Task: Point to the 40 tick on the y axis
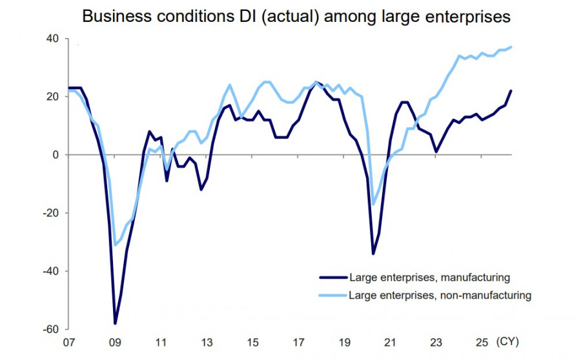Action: click(x=52, y=39)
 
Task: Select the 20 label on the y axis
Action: click(x=52, y=97)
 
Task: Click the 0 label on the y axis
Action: click(x=56, y=155)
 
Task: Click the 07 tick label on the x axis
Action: click(x=69, y=343)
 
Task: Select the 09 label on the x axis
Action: click(x=115, y=343)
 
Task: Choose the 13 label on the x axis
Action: click(x=207, y=343)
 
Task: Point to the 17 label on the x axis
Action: click(x=299, y=343)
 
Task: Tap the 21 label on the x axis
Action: click(x=390, y=343)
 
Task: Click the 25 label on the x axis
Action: click(x=482, y=343)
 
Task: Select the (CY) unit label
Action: click(x=507, y=342)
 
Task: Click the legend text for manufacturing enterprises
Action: click(x=430, y=277)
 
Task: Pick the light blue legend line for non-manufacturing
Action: click(x=333, y=295)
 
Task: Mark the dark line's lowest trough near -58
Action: click(x=115, y=323)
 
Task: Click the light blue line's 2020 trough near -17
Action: click(x=373, y=204)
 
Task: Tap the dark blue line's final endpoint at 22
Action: click(x=511, y=91)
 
